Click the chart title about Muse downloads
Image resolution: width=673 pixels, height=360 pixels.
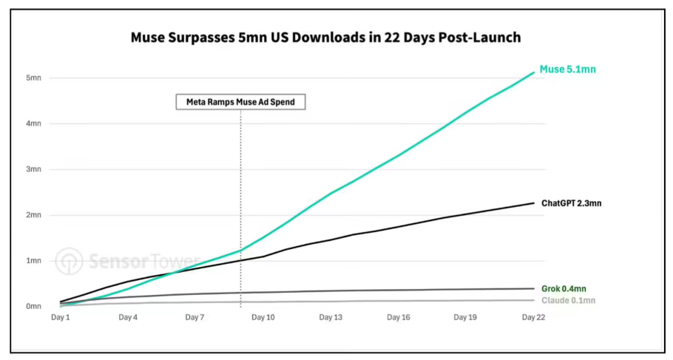[325, 38]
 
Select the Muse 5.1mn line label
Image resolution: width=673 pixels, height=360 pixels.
[567, 69]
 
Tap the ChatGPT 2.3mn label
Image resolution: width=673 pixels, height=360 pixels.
[571, 203]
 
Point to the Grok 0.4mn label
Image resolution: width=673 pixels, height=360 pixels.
[564, 289]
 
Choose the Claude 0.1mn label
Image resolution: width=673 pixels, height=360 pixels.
[568, 300]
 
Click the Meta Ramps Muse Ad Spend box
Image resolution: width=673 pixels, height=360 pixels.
[240, 102]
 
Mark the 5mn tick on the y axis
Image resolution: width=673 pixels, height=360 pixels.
[33, 78]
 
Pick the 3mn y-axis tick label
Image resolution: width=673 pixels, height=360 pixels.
[33, 169]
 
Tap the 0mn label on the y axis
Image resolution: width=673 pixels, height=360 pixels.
[33, 306]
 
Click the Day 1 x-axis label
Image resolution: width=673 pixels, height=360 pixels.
[60, 318]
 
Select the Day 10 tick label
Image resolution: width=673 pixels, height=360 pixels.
[263, 318]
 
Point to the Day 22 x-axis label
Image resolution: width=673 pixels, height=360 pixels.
[533, 318]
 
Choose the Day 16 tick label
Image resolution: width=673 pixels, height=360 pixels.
[399, 318]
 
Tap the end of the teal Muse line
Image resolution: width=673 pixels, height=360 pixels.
[534, 72]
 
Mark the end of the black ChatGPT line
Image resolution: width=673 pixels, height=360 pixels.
[534, 203]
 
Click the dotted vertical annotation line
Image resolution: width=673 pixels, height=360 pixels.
[240, 208]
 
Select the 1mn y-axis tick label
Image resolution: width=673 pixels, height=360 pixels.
[33, 260]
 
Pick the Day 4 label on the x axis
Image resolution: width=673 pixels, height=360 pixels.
[128, 318]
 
